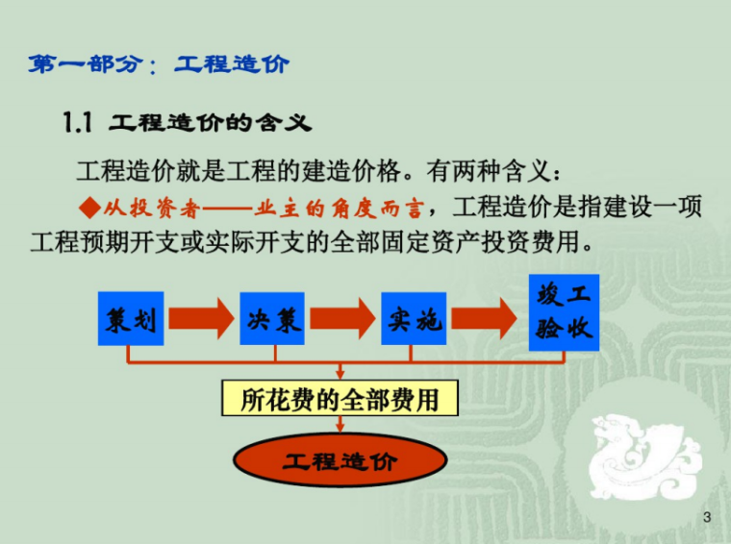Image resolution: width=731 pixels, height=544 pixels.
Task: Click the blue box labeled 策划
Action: point(129,318)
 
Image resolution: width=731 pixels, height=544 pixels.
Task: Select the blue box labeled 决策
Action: point(271,318)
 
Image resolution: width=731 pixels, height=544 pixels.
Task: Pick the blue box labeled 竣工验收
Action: point(564,311)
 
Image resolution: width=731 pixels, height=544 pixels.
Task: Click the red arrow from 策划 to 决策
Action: point(200,318)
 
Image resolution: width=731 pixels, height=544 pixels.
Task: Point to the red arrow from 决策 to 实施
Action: point(342,318)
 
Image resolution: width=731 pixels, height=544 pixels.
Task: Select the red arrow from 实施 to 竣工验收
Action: point(488,318)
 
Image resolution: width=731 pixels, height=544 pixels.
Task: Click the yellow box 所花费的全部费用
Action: point(340,398)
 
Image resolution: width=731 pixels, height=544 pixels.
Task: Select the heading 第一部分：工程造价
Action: point(159,65)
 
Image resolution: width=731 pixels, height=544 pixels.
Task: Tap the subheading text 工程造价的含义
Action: point(211,123)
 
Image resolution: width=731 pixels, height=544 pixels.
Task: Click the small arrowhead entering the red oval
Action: point(340,430)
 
